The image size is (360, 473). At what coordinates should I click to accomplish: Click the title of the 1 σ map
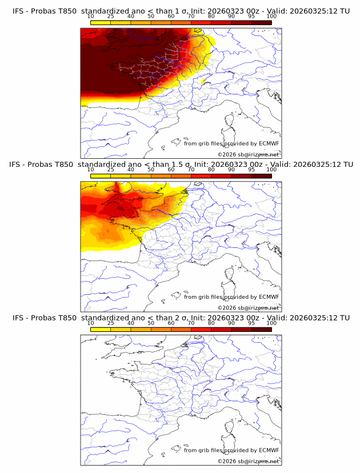coord(180,11)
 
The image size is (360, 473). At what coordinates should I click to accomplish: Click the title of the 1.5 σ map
coord(180,165)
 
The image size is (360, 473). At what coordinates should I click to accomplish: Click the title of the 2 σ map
coord(180,318)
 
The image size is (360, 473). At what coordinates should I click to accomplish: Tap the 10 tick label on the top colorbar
coord(91,17)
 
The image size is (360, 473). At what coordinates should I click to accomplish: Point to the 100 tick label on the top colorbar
coord(271,17)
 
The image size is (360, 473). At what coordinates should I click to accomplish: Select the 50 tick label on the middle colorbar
coord(151,170)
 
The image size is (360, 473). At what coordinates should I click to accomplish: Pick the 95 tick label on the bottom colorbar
coord(251,323)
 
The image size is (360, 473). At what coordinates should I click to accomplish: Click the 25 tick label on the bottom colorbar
coord(111,323)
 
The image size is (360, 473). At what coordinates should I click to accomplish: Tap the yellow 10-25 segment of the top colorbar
coord(101,22)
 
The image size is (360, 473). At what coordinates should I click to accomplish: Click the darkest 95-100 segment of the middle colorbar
coord(261,176)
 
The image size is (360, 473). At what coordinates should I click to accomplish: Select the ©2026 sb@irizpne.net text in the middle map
coord(249,308)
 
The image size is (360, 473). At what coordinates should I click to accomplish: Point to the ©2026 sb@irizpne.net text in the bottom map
coord(249,461)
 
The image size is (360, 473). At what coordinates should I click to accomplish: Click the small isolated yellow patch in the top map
coord(203,82)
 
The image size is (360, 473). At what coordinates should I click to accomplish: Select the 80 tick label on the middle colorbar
coord(211,170)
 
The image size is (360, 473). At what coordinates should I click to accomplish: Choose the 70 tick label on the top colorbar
coord(191,17)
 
